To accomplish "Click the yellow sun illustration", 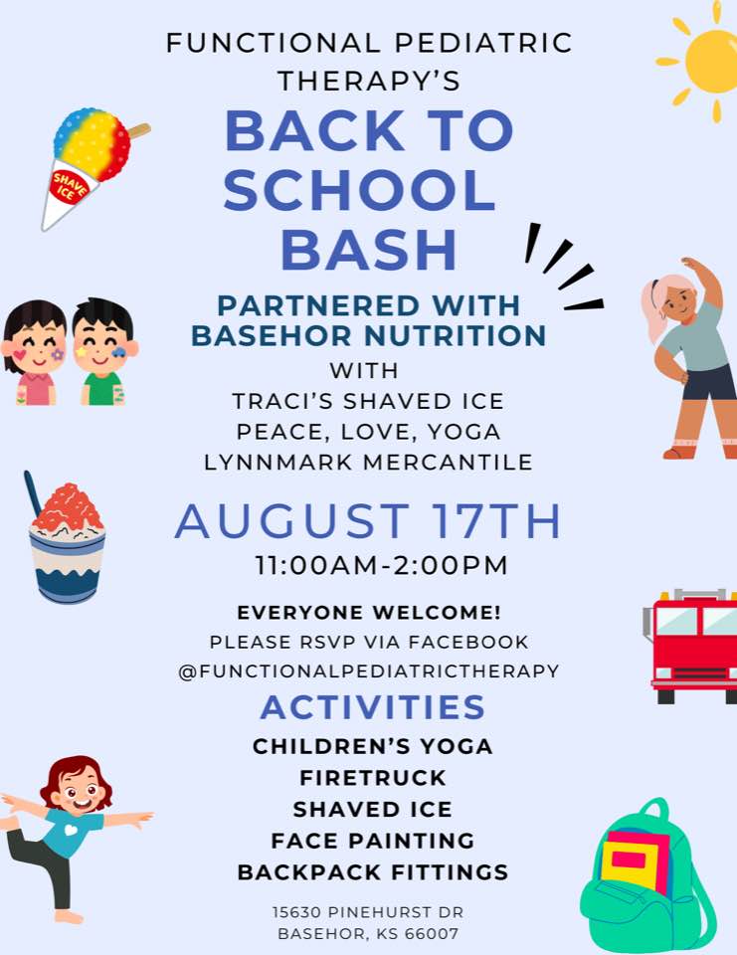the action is tap(706, 61).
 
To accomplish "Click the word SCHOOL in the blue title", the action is tap(359, 190).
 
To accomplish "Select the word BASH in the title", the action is tap(368, 249).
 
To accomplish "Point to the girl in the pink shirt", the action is tap(34, 352).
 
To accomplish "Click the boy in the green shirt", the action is tap(103, 351).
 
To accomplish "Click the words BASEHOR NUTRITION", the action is tap(368, 335).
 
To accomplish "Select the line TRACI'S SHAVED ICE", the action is tap(368, 401).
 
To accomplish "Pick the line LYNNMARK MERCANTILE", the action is tap(368, 463).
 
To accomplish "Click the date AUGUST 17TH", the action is tap(368, 521).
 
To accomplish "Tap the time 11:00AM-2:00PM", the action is tap(381, 565).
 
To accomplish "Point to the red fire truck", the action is tap(691, 647).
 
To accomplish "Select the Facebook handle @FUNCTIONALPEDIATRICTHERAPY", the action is tap(368, 671).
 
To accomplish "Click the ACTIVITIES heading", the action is tap(372, 707).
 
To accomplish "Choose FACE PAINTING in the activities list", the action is tap(372, 842).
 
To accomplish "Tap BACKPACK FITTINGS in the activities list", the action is tap(372, 872).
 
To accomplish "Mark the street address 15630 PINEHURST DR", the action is tap(368, 912).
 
